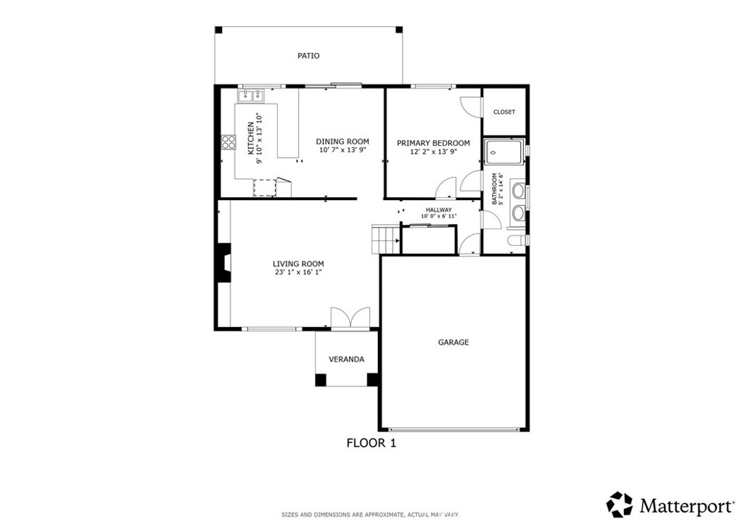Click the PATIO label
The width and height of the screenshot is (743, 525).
tap(308, 56)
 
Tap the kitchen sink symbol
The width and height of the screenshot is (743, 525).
tap(252, 94)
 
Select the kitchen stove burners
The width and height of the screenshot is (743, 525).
tap(229, 142)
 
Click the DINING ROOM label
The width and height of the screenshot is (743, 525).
tap(342, 141)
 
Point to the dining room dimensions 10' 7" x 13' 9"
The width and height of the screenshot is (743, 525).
tap(342, 150)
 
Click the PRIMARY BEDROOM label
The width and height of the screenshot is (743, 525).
tap(433, 143)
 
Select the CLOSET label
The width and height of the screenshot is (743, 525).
tap(504, 112)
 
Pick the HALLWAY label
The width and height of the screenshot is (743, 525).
tap(439, 210)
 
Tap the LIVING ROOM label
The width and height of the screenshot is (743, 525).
tap(298, 264)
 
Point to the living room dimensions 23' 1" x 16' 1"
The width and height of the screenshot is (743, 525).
tap(298, 273)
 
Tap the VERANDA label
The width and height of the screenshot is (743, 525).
tap(346, 359)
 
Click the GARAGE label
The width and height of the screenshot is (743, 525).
tap(453, 342)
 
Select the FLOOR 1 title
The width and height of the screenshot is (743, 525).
tap(371, 442)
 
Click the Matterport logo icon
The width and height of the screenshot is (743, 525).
tap(620, 504)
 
